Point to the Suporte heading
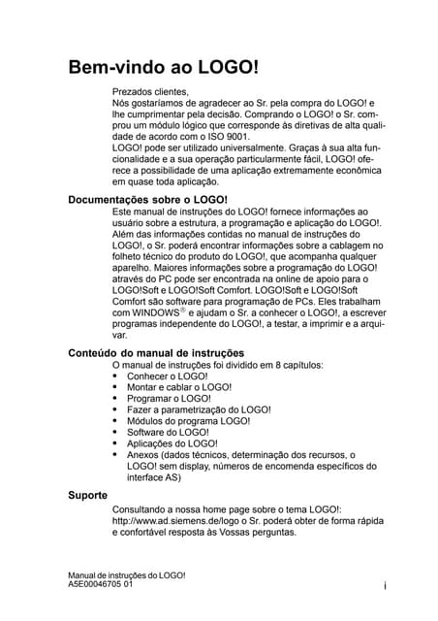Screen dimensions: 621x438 click(87, 495)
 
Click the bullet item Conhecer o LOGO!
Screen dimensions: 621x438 click(167, 376)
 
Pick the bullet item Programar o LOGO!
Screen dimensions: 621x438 click(169, 399)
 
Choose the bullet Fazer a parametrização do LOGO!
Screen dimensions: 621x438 click(199, 410)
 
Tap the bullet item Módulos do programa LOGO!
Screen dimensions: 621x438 click(188, 421)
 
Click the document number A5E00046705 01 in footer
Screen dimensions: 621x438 click(108, 585)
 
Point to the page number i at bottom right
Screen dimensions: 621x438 click(385, 585)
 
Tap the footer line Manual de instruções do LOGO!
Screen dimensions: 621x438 click(126, 575)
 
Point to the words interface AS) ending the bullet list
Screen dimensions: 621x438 click(153, 477)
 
